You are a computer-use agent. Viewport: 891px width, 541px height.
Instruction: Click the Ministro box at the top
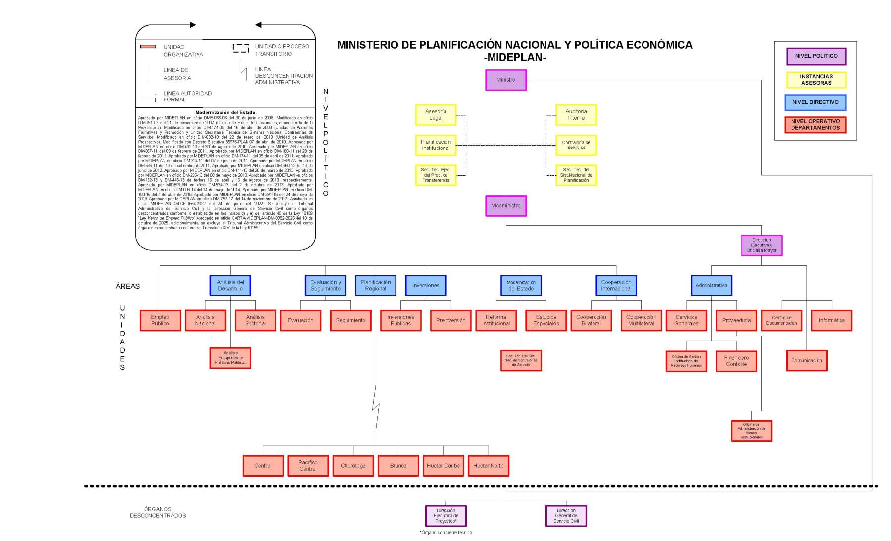pos(505,80)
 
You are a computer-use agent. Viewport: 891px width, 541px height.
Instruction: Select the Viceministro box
pos(505,205)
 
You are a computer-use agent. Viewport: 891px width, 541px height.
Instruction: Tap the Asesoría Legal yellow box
pos(436,115)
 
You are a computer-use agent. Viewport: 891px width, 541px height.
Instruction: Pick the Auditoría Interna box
pos(576,115)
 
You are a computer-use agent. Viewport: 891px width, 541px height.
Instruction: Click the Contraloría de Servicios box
pos(576,145)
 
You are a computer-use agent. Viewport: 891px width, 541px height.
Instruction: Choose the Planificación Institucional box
pos(436,145)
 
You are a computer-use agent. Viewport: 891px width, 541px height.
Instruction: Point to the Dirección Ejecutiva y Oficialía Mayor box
pos(761,245)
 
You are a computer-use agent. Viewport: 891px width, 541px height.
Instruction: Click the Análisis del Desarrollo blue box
pos(230,285)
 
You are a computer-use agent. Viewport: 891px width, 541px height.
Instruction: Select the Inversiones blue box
pos(426,285)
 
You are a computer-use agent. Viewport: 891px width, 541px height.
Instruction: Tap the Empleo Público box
pos(160,320)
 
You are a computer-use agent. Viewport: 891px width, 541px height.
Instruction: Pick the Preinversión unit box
pos(450,320)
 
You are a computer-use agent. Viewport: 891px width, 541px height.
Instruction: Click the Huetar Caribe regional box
pos(443,466)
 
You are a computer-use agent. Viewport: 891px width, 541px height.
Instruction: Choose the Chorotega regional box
pos(353,466)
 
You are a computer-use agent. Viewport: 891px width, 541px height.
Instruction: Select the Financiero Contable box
pos(736,361)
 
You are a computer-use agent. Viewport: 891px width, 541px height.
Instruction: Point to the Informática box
pos(831,320)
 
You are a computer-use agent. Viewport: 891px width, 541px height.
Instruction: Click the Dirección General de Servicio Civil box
pos(566,516)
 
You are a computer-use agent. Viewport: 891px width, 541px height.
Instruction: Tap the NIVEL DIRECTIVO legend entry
pos(815,102)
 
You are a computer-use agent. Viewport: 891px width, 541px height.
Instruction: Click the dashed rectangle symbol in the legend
pos(241,49)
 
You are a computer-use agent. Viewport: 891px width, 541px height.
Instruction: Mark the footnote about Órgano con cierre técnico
pos(445,533)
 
